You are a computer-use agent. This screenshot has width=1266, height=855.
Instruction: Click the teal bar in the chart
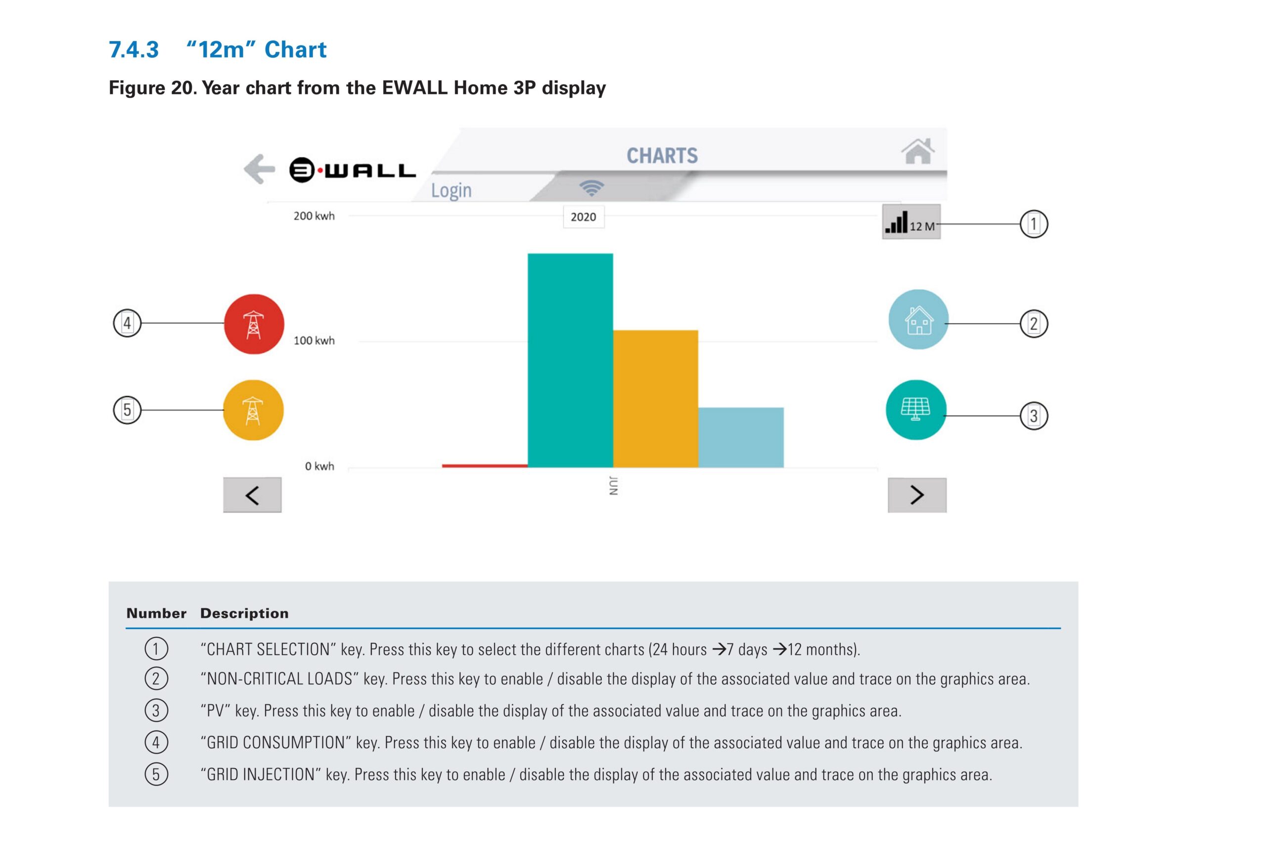(570, 360)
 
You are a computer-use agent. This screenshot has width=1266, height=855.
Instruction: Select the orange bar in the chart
(655, 399)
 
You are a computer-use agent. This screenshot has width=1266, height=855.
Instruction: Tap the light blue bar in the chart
(741, 437)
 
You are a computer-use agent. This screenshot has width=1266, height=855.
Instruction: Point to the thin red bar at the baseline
(484, 466)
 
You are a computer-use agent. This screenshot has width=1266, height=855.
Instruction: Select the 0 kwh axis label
(319, 466)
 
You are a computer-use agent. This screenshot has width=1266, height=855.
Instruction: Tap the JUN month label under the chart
(613, 486)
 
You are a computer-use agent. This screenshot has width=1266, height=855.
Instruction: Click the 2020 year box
(584, 217)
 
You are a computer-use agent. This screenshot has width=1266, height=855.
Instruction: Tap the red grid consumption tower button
(254, 324)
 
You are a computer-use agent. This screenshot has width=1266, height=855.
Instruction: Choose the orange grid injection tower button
(253, 410)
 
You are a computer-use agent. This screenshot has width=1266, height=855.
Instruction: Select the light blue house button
(918, 319)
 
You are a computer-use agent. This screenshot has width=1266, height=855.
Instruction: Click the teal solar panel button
(916, 409)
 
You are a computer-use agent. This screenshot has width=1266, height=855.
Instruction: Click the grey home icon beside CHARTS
(918, 151)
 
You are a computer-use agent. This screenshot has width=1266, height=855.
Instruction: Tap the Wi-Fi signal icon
(591, 188)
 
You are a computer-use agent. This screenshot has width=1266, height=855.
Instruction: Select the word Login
(451, 190)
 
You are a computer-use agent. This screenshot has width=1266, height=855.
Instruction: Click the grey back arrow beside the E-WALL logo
(259, 169)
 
